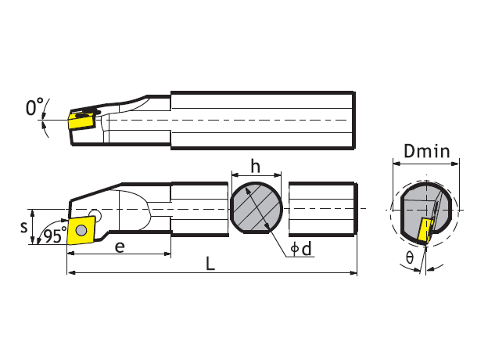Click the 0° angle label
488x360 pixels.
coord(34,109)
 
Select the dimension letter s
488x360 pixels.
coord(23,227)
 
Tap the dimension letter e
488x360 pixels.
coord(120,247)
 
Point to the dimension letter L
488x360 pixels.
coord(210,264)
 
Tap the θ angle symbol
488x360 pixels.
coord(410,257)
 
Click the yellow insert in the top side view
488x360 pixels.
coord(80,122)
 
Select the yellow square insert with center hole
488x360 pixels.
coord(81,231)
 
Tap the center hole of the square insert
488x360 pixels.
coord(81,231)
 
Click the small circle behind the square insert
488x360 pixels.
coord(95,213)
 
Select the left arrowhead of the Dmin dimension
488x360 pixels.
coord(394,163)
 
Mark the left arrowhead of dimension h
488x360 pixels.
coord(231,175)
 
